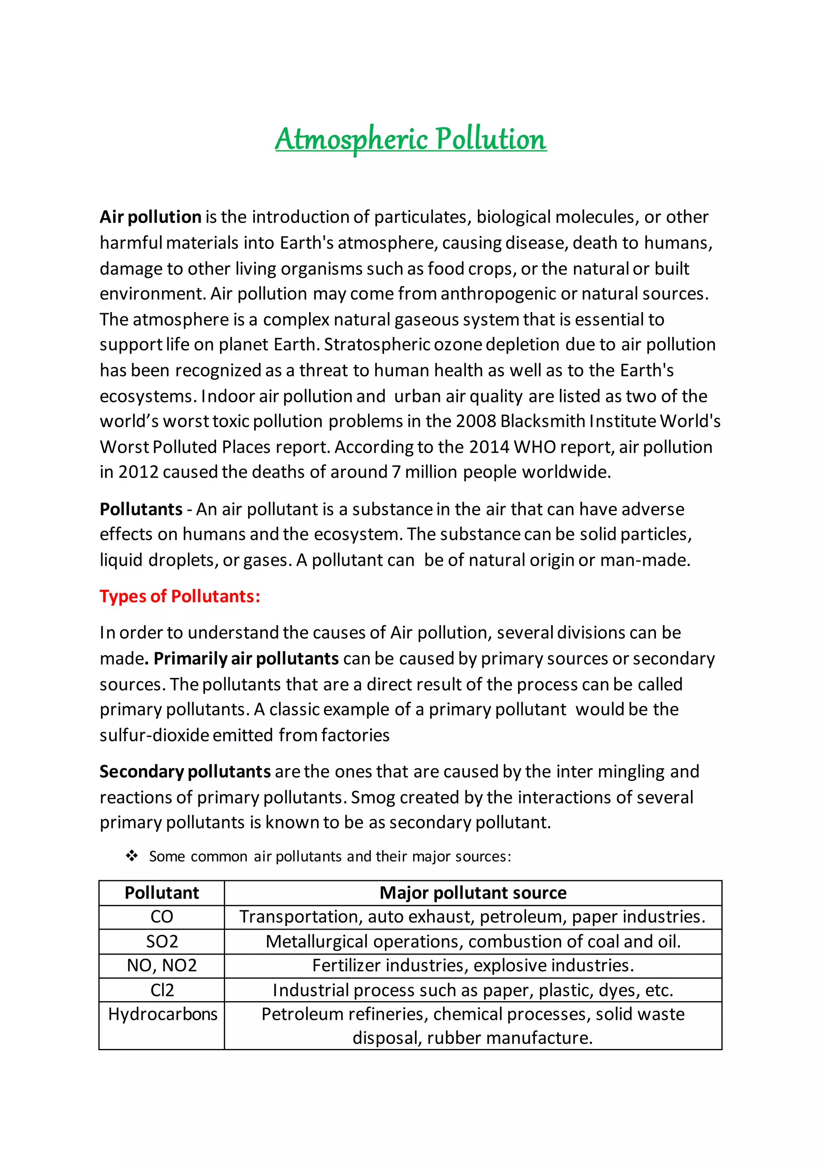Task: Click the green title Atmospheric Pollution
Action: [x=411, y=139]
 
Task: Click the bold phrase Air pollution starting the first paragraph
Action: [x=151, y=217]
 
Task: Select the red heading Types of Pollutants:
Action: [x=180, y=596]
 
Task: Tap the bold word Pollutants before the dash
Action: [x=141, y=509]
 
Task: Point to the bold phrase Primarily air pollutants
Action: [x=246, y=659]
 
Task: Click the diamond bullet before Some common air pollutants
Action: [x=132, y=857]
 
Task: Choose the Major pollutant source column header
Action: [x=473, y=892]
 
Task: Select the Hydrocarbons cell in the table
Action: [x=163, y=1014]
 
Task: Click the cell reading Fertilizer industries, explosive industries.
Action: [x=473, y=965]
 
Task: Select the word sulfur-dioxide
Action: [x=154, y=735]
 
